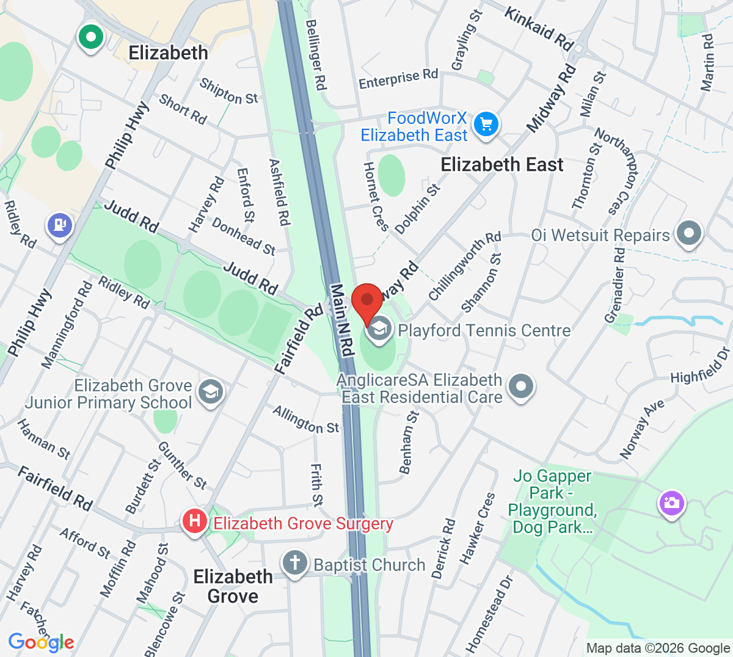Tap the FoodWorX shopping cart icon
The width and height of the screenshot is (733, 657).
click(486, 125)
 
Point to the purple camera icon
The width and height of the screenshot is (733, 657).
click(671, 504)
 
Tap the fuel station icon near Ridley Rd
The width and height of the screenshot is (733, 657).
click(60, 225)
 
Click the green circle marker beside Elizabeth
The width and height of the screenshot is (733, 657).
click(91, 37)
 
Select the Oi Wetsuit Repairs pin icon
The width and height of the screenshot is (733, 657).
click(690, 233)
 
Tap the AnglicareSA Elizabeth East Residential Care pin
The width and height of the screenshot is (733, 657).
click(521, 387)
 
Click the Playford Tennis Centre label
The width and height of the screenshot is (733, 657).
click(484, 331)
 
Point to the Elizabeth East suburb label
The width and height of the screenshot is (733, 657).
click(501, 165)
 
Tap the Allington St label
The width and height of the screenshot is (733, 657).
click(305, 420)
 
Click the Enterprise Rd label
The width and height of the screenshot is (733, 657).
click(398, 79)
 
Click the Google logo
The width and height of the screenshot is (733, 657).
click(41, 642)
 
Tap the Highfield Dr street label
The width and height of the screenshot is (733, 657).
click(700, 366)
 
